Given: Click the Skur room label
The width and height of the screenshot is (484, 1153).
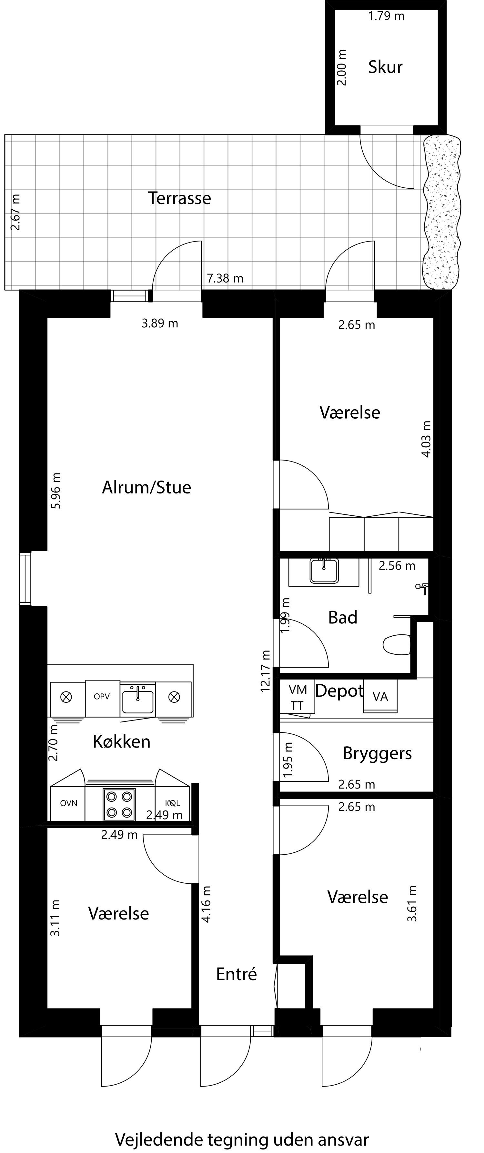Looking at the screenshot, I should click(385, 67).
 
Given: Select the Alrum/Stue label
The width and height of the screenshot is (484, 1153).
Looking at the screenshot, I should click(146, 487).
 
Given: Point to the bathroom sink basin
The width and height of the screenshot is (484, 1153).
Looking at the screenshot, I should click(324, 572).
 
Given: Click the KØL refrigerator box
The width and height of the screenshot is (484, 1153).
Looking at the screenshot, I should click(172, 803).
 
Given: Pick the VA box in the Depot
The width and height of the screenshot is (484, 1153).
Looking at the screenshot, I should click(380, 696).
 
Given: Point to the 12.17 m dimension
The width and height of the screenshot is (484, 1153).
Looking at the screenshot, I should click(266, 671).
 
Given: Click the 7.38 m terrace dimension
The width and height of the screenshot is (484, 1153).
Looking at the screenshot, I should click(225, 278).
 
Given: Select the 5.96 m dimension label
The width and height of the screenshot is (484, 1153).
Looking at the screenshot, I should click(56, 491).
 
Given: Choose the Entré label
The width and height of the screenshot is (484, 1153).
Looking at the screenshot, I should click(237, 974).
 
